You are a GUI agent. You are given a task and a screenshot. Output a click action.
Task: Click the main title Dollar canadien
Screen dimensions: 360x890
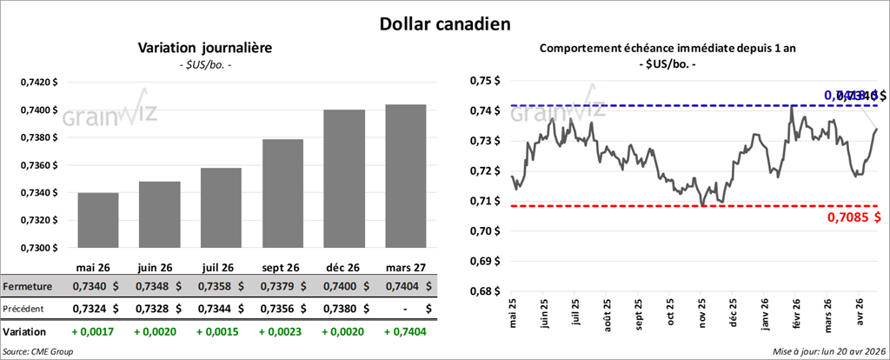pos(444,23)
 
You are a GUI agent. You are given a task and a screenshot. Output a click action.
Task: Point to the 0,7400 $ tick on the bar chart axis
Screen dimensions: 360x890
pos(37,110)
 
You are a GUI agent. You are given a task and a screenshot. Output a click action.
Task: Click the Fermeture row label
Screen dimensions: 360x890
pos(28,286)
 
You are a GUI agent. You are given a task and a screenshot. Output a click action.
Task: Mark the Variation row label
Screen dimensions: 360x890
pos(25,331)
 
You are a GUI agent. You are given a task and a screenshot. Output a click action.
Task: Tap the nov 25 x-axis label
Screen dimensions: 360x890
pos(701,317)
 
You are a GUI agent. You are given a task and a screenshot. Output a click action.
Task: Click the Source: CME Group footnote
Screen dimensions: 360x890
pos(37,351)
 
